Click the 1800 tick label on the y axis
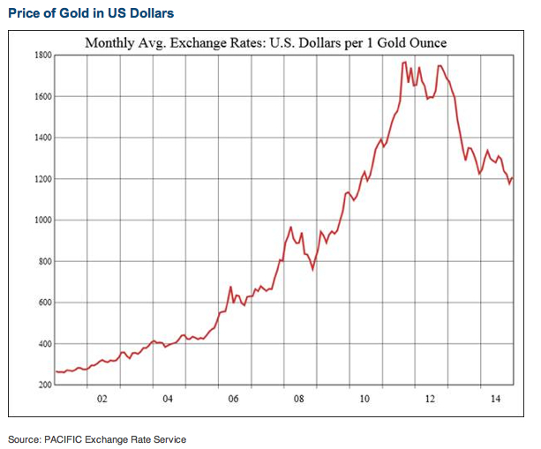coord(41,55)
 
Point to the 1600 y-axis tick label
coord(41,96)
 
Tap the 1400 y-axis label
coord(41,138)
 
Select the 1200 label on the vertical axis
coord(41,179)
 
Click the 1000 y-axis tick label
coord(41,221)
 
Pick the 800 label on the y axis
coord(42,262)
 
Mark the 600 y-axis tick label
coord(42,303)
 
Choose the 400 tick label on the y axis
coord(42,344)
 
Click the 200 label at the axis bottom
coord(42,385)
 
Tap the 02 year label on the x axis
coord(102,399)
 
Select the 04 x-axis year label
coord(168,399)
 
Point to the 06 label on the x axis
coord(233,399)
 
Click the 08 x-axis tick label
coord(299,399)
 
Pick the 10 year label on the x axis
coord(364,399)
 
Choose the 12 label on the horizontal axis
coord(430,399)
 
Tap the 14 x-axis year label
coord(495,399)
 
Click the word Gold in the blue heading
coord(67,13)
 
